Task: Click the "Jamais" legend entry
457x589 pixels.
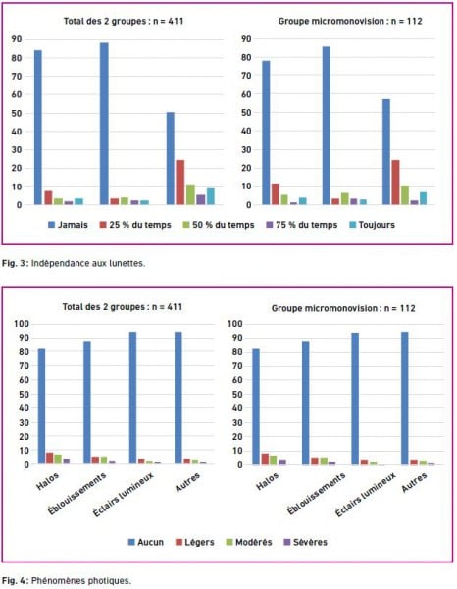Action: click(68, 225)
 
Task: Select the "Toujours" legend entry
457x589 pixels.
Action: click(373, 225)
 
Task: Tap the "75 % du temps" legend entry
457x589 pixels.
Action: click(302, 225)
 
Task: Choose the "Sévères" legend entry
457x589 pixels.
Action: click(306, 542)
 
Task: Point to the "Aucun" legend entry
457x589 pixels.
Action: click(146, 542)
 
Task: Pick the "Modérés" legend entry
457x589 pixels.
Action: click(249, 542)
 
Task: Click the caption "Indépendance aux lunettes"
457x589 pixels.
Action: click(88, 263)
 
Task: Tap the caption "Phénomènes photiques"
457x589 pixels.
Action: click(81, 580)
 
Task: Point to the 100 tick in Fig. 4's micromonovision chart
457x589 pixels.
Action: click(235, 323)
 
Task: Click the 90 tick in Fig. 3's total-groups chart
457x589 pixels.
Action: click(17, 39)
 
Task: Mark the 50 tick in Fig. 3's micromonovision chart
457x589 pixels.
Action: click(246, 112)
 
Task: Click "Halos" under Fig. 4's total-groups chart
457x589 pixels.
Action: click(48, 481)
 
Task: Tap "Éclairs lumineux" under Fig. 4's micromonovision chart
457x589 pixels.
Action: click(366, 495)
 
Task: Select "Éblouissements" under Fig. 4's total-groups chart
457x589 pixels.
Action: click(76, 494)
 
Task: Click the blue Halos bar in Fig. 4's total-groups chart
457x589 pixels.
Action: click(41, 406)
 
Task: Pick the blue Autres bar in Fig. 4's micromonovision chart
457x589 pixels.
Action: click(404, 399)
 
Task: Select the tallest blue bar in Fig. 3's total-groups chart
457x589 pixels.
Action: click(104, 124)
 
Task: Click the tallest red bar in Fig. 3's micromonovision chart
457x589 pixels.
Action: click(395, 183)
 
